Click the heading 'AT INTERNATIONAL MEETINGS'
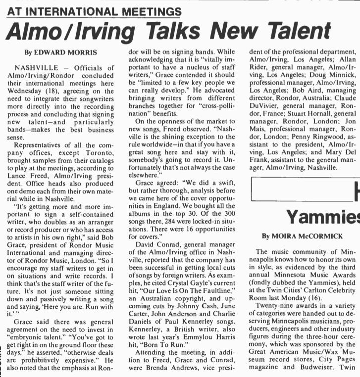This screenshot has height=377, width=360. (91, 11)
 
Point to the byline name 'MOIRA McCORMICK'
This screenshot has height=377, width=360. (297, 236)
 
